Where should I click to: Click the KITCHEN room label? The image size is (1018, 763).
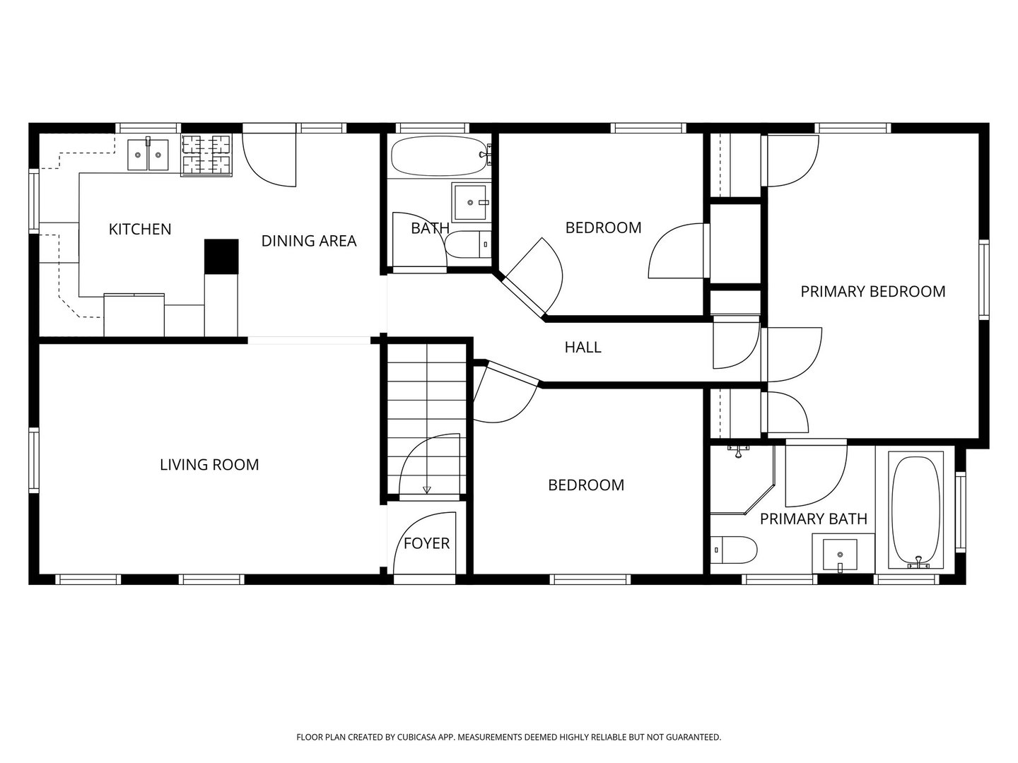139,229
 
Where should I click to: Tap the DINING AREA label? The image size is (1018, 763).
309,241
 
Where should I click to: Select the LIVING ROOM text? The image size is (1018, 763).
209,465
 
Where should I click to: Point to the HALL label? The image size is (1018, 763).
583,347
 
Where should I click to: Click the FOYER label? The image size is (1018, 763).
427,543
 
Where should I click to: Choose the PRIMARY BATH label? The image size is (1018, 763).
814,519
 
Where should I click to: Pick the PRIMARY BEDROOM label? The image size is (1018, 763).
873,291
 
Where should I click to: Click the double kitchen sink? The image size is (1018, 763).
148,154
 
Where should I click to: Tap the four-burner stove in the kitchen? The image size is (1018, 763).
206,155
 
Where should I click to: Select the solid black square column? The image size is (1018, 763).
222,256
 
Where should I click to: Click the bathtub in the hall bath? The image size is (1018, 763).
440,156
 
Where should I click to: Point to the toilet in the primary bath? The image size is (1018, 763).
734,550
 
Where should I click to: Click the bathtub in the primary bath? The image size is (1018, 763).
916,510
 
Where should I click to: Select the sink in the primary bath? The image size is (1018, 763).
840,554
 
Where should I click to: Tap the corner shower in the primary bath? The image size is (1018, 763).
742,480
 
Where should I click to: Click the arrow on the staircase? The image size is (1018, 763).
427,489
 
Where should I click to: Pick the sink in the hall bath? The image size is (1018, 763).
470,203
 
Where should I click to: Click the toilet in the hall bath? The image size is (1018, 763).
467,244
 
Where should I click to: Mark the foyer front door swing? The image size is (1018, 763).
424,543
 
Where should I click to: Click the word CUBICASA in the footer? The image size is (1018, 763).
417,737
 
